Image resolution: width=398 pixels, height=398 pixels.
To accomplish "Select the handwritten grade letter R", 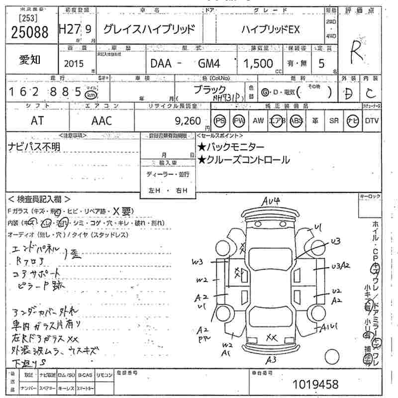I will (355, 52).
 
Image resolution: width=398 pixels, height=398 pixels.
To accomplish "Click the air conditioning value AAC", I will (101, 120).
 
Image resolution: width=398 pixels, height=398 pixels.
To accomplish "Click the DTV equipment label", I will (372, 120).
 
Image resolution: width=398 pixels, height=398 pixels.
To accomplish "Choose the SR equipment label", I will (334, 120).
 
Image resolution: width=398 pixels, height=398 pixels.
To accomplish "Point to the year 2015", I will (74, 64).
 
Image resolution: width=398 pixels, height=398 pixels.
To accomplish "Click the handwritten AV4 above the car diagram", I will (273, 201).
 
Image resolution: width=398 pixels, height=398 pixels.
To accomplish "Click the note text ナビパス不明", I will (33, 146).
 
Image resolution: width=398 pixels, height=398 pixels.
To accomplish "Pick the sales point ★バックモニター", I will (231, 147).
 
